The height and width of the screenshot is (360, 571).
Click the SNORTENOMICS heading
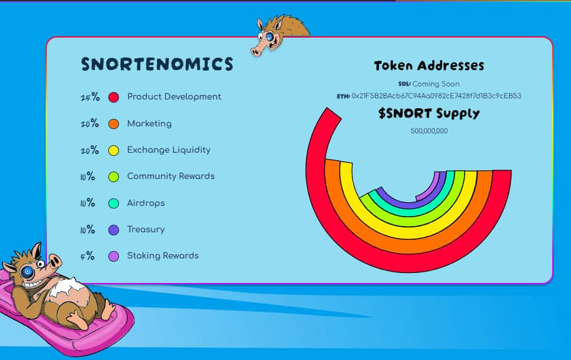[x=157, y=64]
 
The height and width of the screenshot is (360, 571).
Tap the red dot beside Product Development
[x=113, y=97]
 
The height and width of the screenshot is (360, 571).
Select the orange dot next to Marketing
[x=113, y=124]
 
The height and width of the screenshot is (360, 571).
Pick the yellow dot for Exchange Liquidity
[x=113, y=150]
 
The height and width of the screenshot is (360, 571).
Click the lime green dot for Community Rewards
[x=113, y=177]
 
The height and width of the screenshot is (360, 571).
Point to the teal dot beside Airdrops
[x=113, y=203]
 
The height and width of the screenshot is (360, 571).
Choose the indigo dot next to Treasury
[x=113, y=230]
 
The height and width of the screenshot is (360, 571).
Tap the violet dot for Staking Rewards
[x=113, y=256]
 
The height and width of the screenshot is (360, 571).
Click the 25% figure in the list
[x=90, y=97]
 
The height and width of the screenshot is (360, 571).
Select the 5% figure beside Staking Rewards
[x=88, y=256]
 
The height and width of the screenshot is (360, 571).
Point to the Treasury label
[x=146, y=229]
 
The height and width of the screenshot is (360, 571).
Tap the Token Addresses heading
[x=429, y=66]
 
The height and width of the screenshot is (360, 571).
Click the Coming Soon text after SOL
[x=436, y=84]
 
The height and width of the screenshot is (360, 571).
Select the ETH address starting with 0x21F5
[x=436, y=96]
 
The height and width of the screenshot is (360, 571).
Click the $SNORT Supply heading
[x=429, y=114]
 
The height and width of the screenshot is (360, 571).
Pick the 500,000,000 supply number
[x=429, y=131]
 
